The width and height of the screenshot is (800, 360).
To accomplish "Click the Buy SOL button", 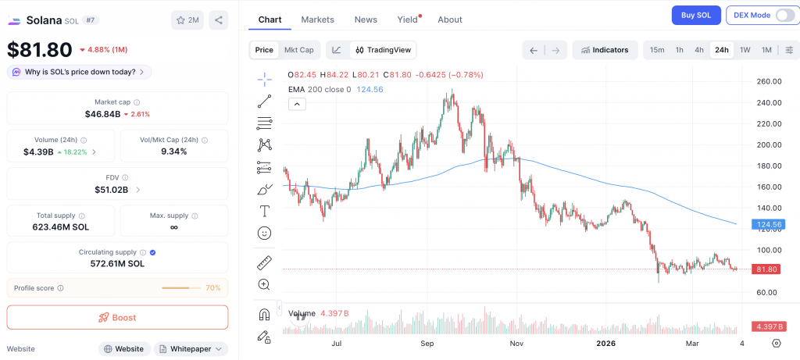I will pyautogui.click(x=696, y=15).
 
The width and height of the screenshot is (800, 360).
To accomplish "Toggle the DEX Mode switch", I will pyautogui.click(x=784, y=15).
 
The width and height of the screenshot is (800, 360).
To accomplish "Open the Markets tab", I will pyautogui.click(x=317, y=20).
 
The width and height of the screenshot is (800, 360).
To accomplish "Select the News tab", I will pyautogui.click(x=366, y=20).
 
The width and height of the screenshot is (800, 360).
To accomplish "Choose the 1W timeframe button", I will pyautogui.click(x=745, y=50).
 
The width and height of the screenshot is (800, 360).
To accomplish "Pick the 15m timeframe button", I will pyautogui.click(x=657, y=50).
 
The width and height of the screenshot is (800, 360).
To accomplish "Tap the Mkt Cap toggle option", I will pyautogui.click(x=299, y=50).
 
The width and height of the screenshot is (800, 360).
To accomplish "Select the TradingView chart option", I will pyautogui.click(x=383, y=50).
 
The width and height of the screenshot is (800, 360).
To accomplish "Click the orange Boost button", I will pyautogui.click(x=117, y=318).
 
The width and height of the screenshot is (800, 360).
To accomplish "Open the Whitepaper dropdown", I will pyautogui.click(x=191, y=349).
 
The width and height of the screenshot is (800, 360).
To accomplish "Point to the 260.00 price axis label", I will pyautogui.click(x=770, y=81).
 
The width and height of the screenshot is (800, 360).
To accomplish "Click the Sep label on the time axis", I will pyautogui.click(x=427, y=343).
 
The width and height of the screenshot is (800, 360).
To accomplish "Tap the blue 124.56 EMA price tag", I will pyautogui.click(x=768, y=224).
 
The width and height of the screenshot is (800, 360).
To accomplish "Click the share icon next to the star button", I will pyautogui.click(x=219, y=20).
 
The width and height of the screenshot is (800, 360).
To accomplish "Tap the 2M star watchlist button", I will pyautogui.click(x=187, y=20).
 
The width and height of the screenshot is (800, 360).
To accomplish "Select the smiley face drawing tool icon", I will pyautogui.click(x=264, y=233).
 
